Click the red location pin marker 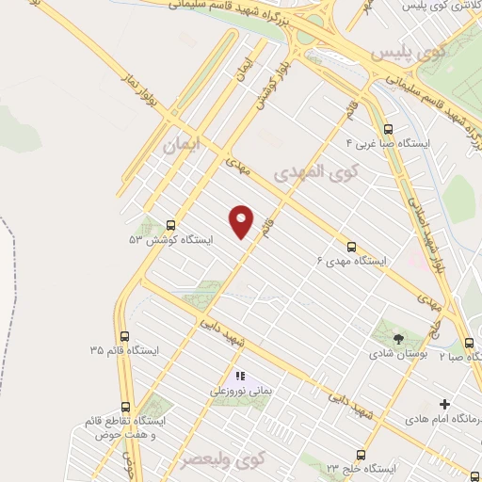tap(242, 220)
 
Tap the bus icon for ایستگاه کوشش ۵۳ tap(170, 225)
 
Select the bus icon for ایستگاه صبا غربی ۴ tap(389, 129)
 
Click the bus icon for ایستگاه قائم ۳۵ tap(125, 336)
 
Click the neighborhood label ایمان tap(183, 146)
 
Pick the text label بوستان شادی tap(397, 355)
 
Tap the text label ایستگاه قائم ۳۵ tap(125, 350)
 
